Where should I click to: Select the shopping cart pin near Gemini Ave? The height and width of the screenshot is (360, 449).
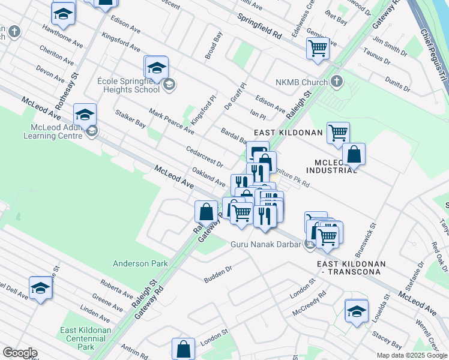point(318,47)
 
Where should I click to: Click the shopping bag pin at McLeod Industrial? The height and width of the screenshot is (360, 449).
point(354,155)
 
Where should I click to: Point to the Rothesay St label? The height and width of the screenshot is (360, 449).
point(75,86)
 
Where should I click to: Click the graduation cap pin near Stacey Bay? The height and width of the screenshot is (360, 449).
point(356,311)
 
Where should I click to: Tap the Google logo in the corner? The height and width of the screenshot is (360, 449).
point(19,353)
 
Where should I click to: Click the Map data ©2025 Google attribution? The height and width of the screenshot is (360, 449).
point(412,355)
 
